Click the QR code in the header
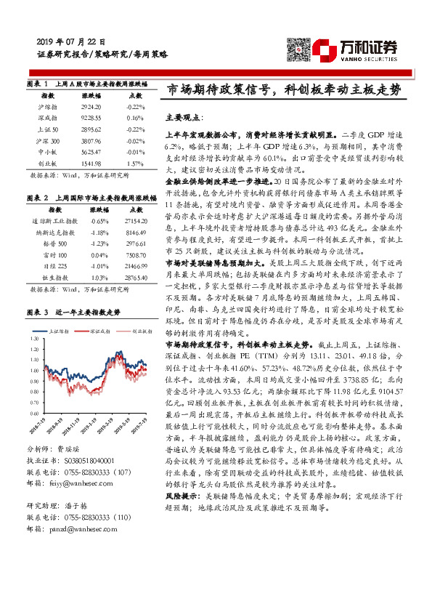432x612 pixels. [x=298, y=50]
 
